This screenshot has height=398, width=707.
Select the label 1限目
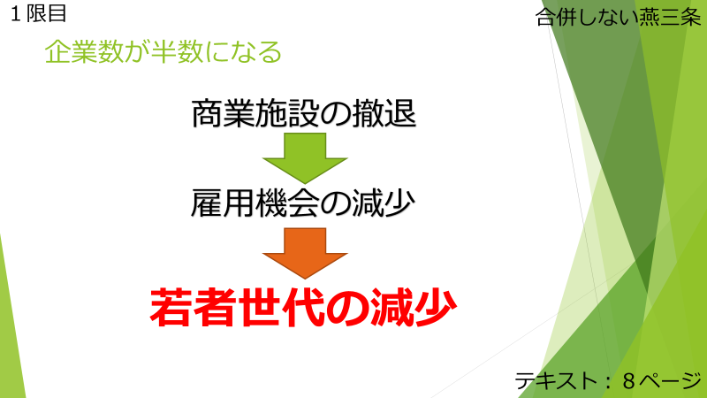coord(38,13)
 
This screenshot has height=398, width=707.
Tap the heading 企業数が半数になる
coord(163,52)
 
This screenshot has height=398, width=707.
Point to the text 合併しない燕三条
coord(618,18)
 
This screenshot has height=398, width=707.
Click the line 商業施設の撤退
coord(304,113)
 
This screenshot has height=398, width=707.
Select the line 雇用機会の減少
coord(303,203)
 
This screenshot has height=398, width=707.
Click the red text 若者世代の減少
coord(303,307)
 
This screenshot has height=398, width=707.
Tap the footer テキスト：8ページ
coord(608,381)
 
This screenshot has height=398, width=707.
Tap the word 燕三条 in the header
coord(671,18)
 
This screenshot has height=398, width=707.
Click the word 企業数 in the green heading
coord(84,52)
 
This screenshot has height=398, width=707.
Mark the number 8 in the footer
coord(629,381)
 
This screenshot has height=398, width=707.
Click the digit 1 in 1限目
coord(16,14)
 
